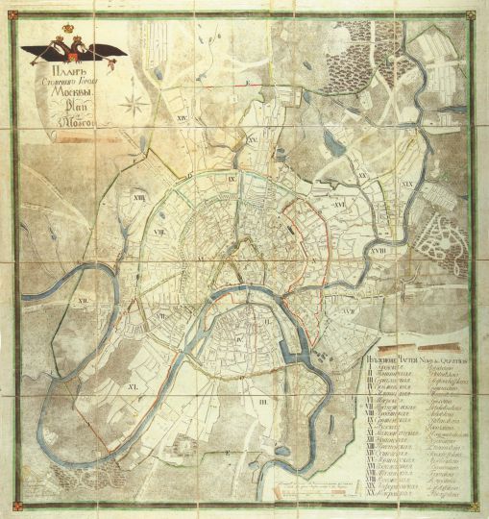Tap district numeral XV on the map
(255, 140)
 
